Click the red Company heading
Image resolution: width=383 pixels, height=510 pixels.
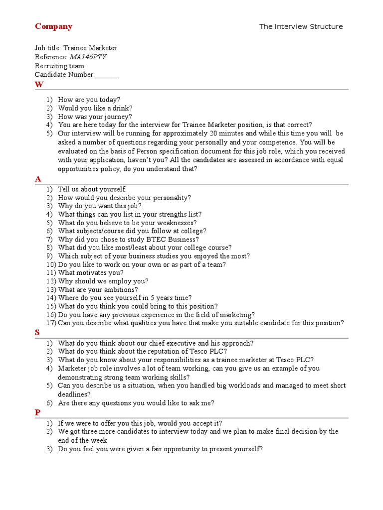pyautogui.click(x=53, y=26)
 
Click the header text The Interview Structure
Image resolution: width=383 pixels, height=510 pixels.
pyautogui.click(x=301, y=26)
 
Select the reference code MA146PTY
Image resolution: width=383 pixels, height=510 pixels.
pyautogui.click(x=88, y=57)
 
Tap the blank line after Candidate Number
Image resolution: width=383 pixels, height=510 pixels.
pyautogui.click(x=107, y=75)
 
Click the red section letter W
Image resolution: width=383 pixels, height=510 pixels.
pyautogui.click(x=39, y=84)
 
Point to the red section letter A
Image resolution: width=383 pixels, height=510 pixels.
pyautogui.click(x=38, y=179)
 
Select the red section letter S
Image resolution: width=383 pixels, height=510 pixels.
pyautogui.click(x=37, y=333)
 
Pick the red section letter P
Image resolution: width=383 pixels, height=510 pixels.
pyautogui.click(x=37, y=412)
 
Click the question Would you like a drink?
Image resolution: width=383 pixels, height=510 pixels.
pyautogui.click(x=95, y=108)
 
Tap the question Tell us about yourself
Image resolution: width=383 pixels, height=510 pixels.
pyautogui.click(x=92, y=189)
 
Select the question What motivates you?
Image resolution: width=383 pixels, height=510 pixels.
pyautogui.click(x=91, y=272)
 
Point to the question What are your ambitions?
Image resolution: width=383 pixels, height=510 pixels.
pyautogui.click(x=98, y=289)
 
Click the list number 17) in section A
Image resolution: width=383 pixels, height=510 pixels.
pyautogui.click(x=51, y=323)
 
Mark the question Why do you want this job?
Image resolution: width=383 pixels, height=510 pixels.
pyautogui.click(x=100, y=206)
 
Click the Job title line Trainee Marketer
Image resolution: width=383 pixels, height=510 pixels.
pyautogui.click(x=76, y=48)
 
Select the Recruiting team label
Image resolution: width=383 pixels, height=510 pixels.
pyautogui.click(x=60, y=66)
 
